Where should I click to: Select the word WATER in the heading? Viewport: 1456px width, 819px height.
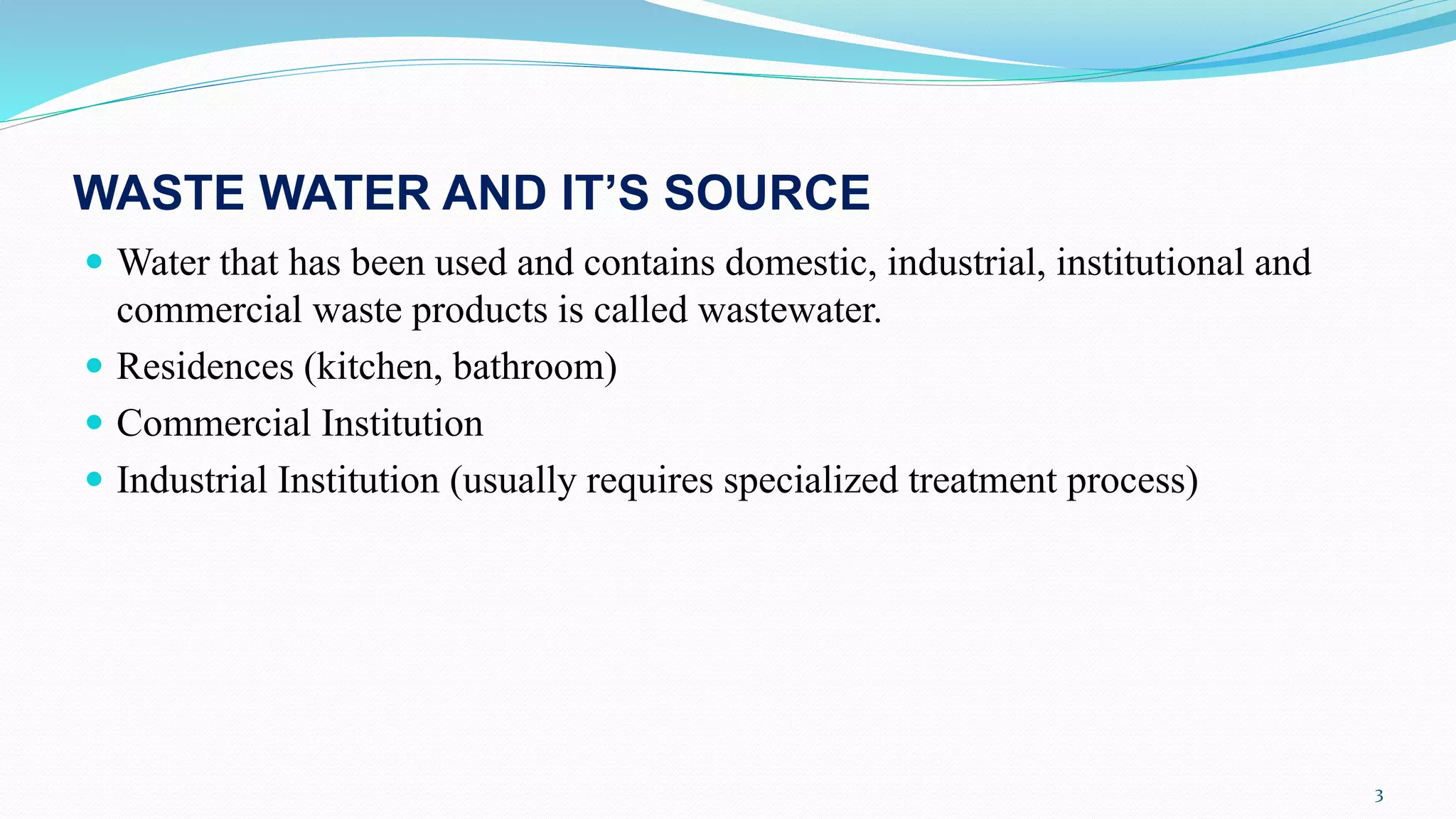pyautogui.click(x=344, y=193)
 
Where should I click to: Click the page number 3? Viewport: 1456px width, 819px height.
pyautogui.click(x=1379, y=796)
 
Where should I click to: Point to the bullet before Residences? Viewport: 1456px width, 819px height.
pyautogui.click(x=94, y=366)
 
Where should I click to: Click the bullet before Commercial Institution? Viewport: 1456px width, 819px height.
pyautogui.click(x=94, y=423)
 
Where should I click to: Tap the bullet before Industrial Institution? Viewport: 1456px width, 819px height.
pyautogui.click(x=94, y=479)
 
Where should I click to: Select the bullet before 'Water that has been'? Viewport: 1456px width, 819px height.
pyautogui.click(x=94, y=262)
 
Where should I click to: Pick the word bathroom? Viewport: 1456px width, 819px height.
pyautogui.click(x=530, y=368)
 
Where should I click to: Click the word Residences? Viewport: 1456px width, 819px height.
pyautogui.click(x=205, y=368)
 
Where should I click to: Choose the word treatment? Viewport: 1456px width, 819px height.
pyautogui.click(x=983, y=481)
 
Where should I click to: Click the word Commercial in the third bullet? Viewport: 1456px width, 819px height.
pyautogui.click(x=213, y=424)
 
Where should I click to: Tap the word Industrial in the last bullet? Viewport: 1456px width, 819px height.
pyautogui.click(x=192, y=481)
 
